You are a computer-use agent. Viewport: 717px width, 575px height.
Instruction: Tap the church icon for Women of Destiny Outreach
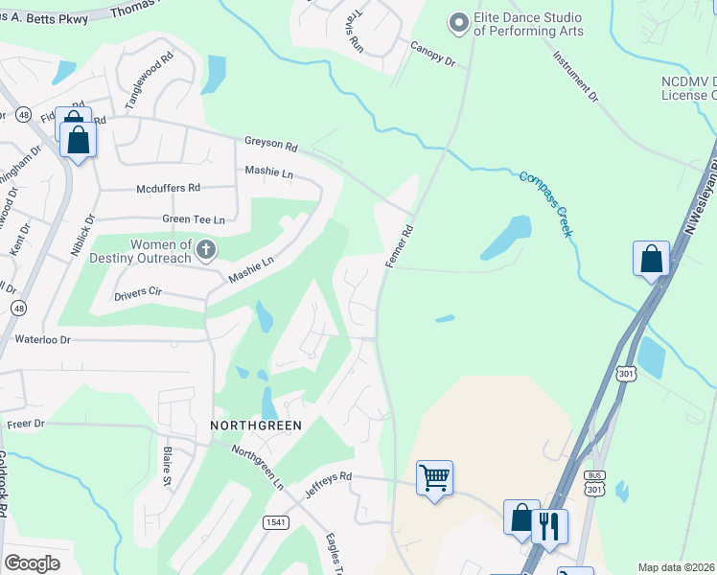click(x=205, y=251)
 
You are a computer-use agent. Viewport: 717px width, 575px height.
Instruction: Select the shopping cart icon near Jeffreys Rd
click(x=434, y=476)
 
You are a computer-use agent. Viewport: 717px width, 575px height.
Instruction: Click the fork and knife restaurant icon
click(x=549, y=525)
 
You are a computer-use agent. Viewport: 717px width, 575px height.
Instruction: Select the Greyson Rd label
click(x=270, y=144)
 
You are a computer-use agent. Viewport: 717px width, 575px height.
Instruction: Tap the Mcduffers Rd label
click(x=168, y=189)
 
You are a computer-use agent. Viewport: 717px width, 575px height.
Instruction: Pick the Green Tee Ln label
click(x=193, y=219)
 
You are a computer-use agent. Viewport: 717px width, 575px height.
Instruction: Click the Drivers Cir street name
click(x=141, y=289)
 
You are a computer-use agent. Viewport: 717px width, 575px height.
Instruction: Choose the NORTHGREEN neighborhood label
click(x=256, y=425)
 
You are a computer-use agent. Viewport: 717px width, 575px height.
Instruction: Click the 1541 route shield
click(x=275, y=521)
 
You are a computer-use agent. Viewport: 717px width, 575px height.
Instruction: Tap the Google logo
click(x=32, y=563)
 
